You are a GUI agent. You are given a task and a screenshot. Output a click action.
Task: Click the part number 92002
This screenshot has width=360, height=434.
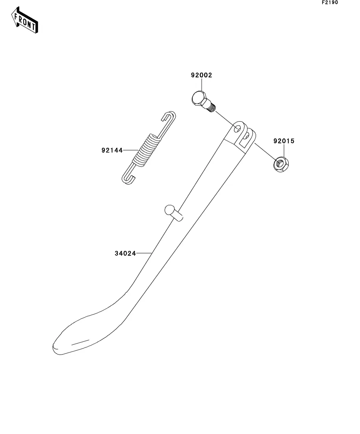pyautogui.click(x=201, y=75)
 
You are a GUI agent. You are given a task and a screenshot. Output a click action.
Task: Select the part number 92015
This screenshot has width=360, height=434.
pyautogui.click(x=284, y=141)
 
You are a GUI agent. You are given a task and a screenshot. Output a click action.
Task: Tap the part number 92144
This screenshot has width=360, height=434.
pyautogui.click(x=112, y=150)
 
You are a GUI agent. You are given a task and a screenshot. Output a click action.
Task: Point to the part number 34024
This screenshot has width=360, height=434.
pyautogui.click(x=125, y=254)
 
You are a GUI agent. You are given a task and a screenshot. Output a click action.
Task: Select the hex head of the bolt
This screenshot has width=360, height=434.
pyautogui.click(x=198, y=98)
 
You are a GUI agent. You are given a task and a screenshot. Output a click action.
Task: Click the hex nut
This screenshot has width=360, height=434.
pyautogui.click(x=280, y=164)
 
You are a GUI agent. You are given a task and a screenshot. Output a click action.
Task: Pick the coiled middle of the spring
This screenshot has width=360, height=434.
pyautogui.click(x=147, y=149)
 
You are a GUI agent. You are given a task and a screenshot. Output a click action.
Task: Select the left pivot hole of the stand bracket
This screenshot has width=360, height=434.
pyautogui.click(x=237, y=128)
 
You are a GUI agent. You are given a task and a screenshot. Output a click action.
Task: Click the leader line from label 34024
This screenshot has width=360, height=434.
pyautogui.click(x=144, y=253)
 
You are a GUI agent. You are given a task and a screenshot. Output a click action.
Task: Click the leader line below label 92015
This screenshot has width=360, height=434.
pyautogui.click(x=284, y=150)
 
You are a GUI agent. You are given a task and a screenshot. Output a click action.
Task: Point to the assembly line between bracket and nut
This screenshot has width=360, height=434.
pyautogui.click(x=264, y=151)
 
